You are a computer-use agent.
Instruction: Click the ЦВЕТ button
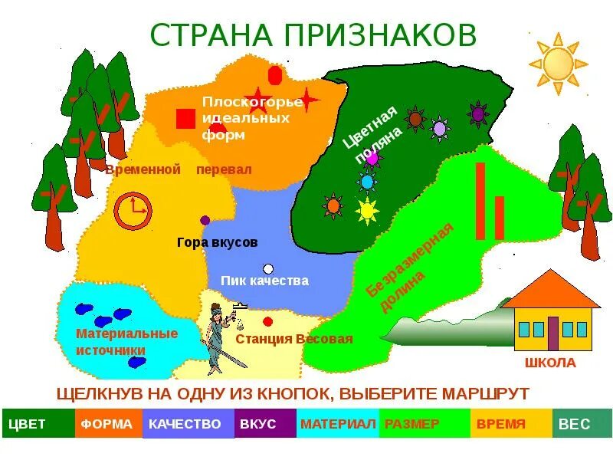tap(38, 423)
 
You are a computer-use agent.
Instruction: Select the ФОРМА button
tap(108, 423)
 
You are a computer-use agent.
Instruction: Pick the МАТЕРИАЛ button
tap(337, 423)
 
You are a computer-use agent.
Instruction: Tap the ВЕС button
tap(582, 423)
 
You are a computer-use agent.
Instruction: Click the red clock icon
tap(133, 209)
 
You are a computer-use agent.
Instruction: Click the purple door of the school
tap(552, 332)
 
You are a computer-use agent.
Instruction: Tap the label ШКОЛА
tap(550, 363)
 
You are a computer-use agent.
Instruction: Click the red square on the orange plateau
tap(185, 119)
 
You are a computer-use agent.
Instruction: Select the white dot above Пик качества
tap(267, 268)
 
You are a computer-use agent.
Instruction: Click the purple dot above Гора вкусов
tap(205, 220)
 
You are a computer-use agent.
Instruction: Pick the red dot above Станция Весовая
tap(267, 322)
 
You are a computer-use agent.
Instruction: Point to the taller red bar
tap(480, 201)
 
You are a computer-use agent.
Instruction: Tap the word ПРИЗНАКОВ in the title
tap(380, 34)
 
